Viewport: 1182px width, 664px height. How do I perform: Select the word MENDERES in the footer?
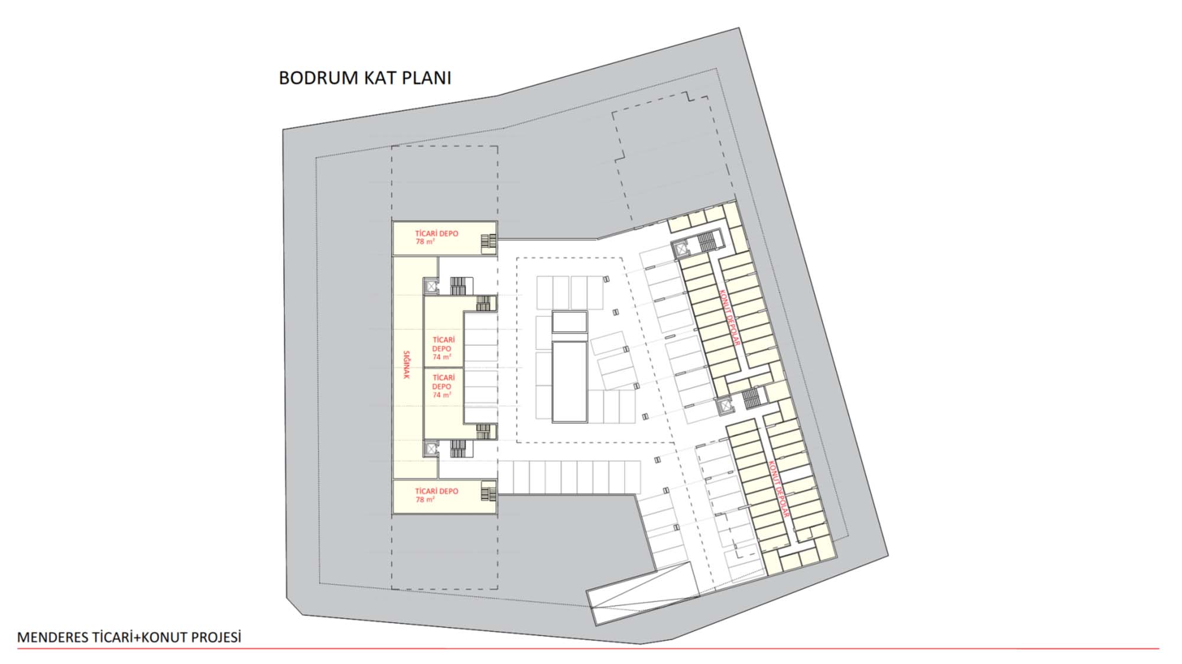(53, 637)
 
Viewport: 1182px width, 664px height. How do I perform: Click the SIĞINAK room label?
(406, 365)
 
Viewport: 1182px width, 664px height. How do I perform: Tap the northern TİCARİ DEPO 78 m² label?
(436, 238)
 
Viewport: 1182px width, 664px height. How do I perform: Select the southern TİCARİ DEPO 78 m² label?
(436, 495)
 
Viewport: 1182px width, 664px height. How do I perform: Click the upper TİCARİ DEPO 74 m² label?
(443, 348)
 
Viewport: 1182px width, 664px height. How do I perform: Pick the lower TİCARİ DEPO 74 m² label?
(443, 386)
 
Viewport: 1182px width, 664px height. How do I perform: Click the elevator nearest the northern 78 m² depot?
(431, 287)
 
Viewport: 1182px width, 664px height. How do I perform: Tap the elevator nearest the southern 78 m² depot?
(431, 450)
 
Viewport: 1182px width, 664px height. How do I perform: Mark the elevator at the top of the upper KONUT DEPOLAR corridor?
(681, 250)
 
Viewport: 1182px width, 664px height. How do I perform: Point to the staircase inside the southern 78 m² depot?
(488, 492)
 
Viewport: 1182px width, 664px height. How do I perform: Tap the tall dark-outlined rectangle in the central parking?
(570, 381)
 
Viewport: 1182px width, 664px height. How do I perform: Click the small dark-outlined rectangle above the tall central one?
(570, 322)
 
